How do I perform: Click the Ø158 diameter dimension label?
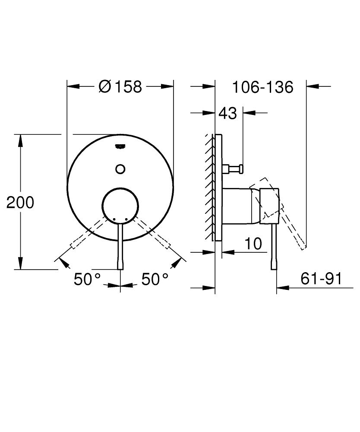(120, 87)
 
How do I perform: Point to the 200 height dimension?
(20, 202)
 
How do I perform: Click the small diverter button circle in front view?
(120, 169)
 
